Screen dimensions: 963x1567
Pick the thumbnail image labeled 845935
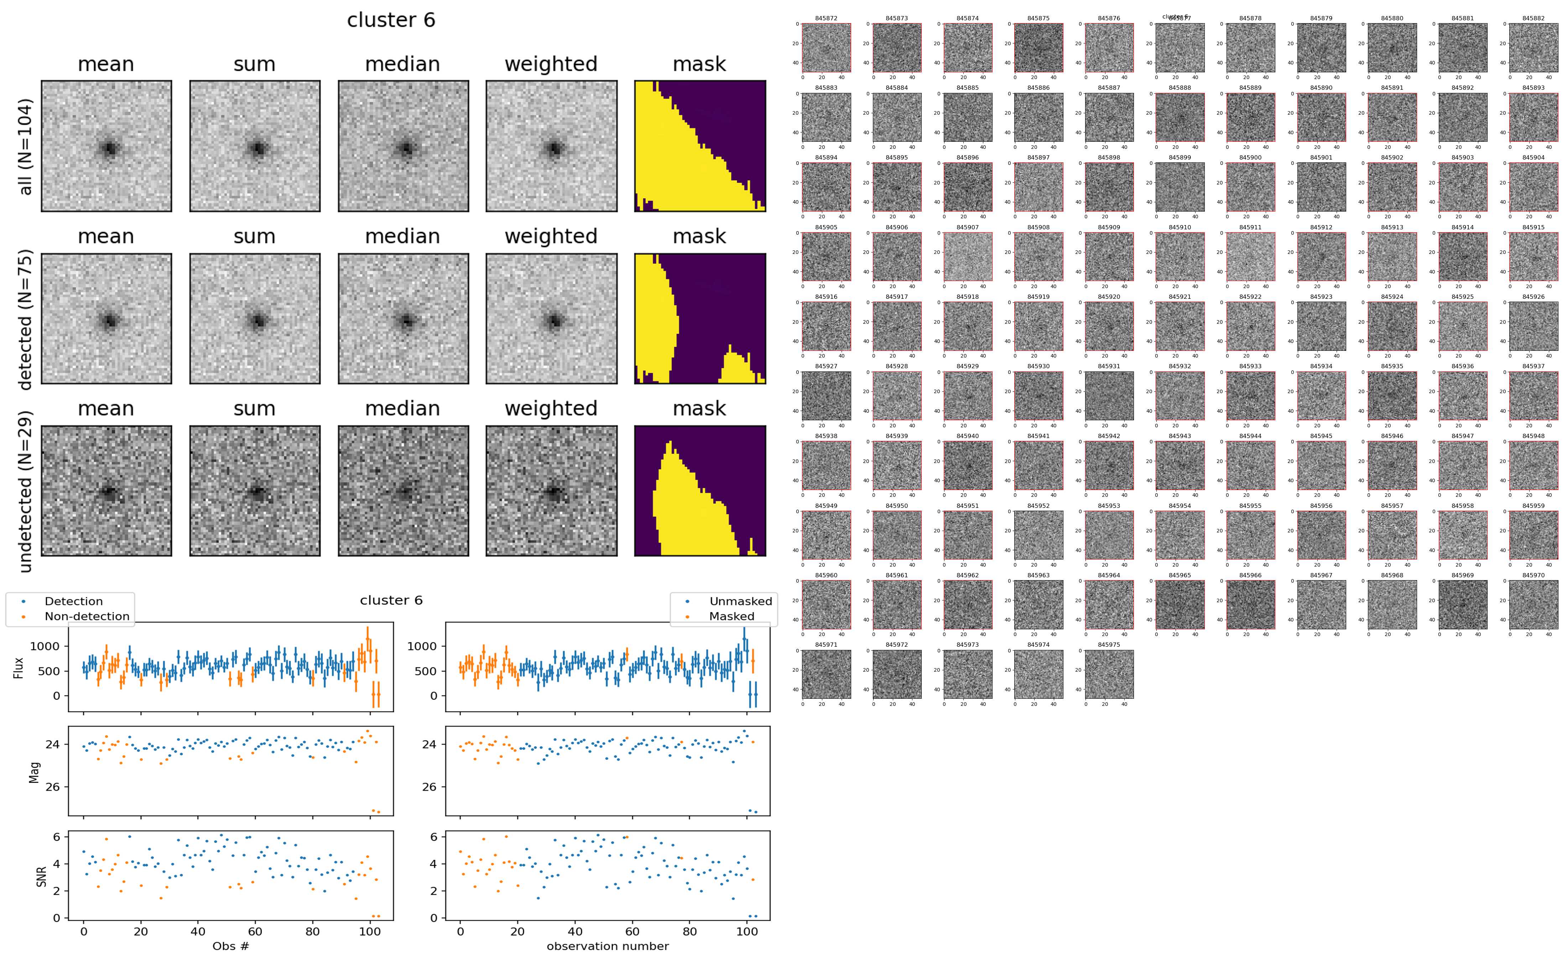tap(1392, 396)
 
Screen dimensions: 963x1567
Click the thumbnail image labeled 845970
tap(1533, 604)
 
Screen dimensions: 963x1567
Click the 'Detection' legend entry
tap(73, 601)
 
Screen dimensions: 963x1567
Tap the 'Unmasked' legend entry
tap(740, 601)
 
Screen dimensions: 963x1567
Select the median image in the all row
tap(403, 146)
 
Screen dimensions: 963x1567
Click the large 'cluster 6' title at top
tap(391, 20)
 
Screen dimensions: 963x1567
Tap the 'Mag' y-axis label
tap(35, 771)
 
